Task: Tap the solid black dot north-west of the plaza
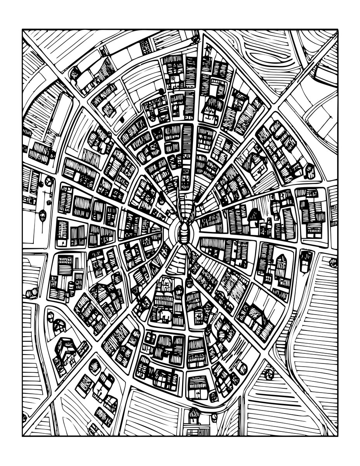(x=161, y=91)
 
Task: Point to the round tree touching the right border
(x=333, y=263)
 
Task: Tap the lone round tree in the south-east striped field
(x=268, y=374)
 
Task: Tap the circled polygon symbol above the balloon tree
(x=49, y=181)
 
